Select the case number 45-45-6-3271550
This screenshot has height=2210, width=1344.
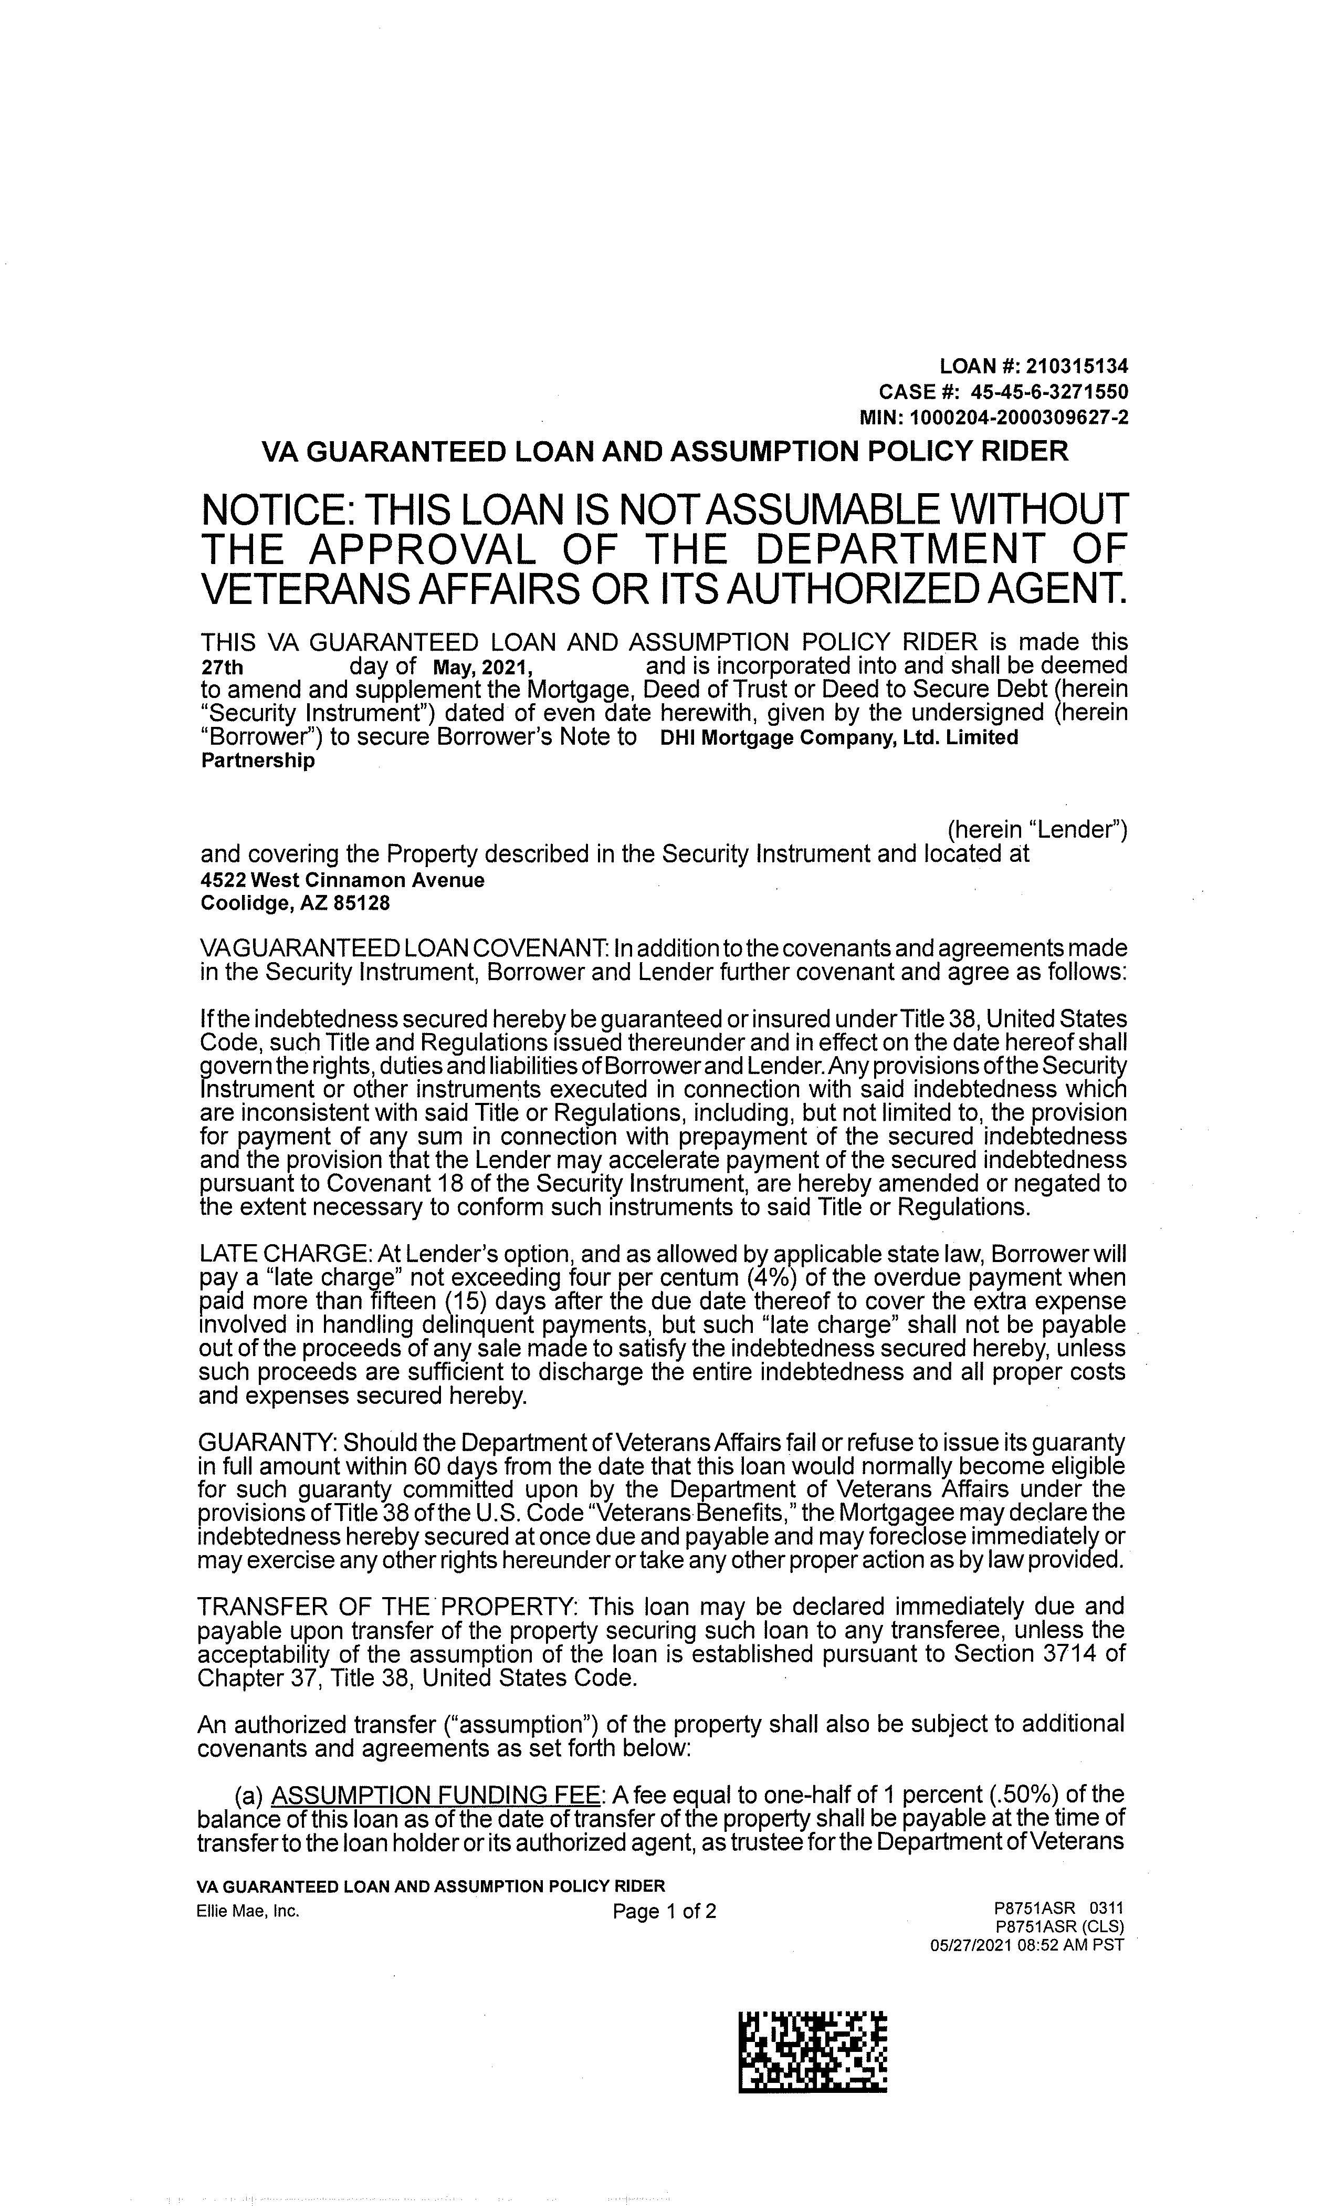(x=1055, y=392)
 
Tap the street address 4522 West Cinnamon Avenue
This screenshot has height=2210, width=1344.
(x=342, y=880)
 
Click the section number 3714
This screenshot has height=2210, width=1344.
(x=1070, y=1653)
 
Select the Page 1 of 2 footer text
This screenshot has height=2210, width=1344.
(x=664, y=1911)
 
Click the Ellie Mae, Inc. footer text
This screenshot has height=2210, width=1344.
(x=247, y=1911)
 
